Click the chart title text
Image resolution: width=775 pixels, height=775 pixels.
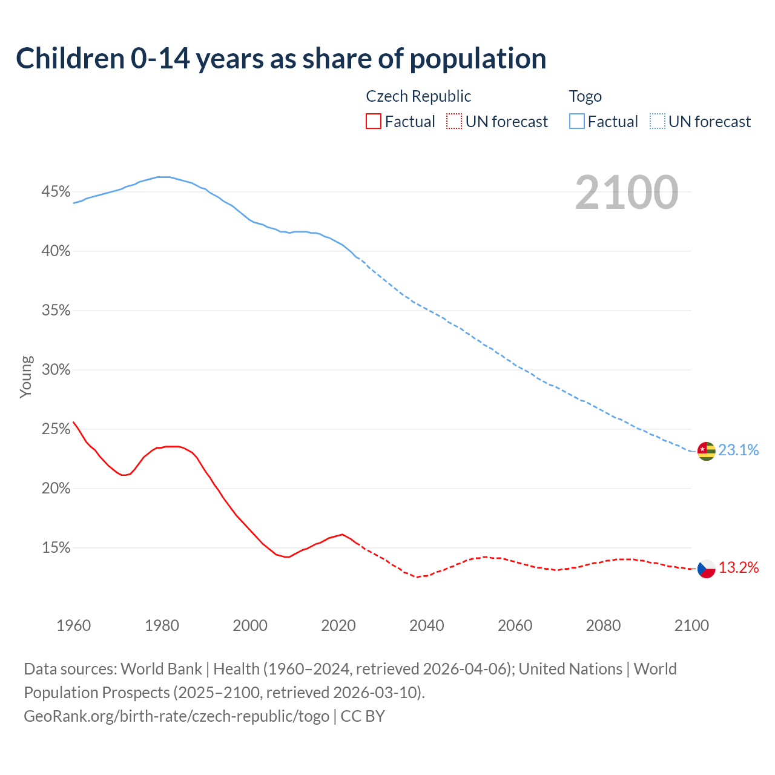[281, 59]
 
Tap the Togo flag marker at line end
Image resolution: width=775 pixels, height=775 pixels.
[706, 450]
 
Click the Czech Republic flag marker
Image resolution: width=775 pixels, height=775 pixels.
[706, 569]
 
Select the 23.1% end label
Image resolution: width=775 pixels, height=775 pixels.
[738, 450]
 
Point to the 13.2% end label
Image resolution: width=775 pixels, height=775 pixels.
[738, 567]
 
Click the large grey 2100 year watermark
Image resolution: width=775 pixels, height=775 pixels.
[626, 193]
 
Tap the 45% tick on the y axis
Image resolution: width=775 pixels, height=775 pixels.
[56, 192]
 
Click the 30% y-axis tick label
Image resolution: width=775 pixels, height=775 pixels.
[56, 370]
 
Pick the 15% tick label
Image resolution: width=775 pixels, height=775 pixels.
[56, 548]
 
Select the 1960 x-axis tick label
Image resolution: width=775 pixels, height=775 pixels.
[73, 625]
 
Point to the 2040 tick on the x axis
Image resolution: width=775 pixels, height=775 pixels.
[426, 625]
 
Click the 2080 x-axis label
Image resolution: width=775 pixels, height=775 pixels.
[603, 625]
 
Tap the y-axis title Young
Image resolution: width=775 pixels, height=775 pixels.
[26, 377]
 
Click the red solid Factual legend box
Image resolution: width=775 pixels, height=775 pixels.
[374, 122]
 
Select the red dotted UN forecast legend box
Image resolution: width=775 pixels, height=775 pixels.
[454, 122]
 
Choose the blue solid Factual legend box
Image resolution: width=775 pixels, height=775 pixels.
[576, 122]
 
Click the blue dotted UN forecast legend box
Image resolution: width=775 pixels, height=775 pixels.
[657, 122]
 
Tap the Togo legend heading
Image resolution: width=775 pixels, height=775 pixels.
[585, 96]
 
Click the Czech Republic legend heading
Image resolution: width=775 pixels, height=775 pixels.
[418, 96]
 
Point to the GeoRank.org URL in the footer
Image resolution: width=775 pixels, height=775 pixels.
[176, 716]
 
